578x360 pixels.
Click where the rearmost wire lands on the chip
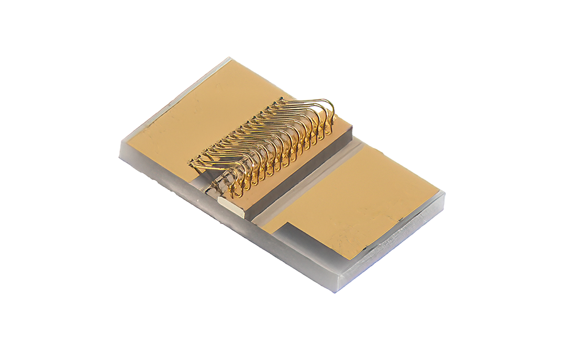tap(331, 128)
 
